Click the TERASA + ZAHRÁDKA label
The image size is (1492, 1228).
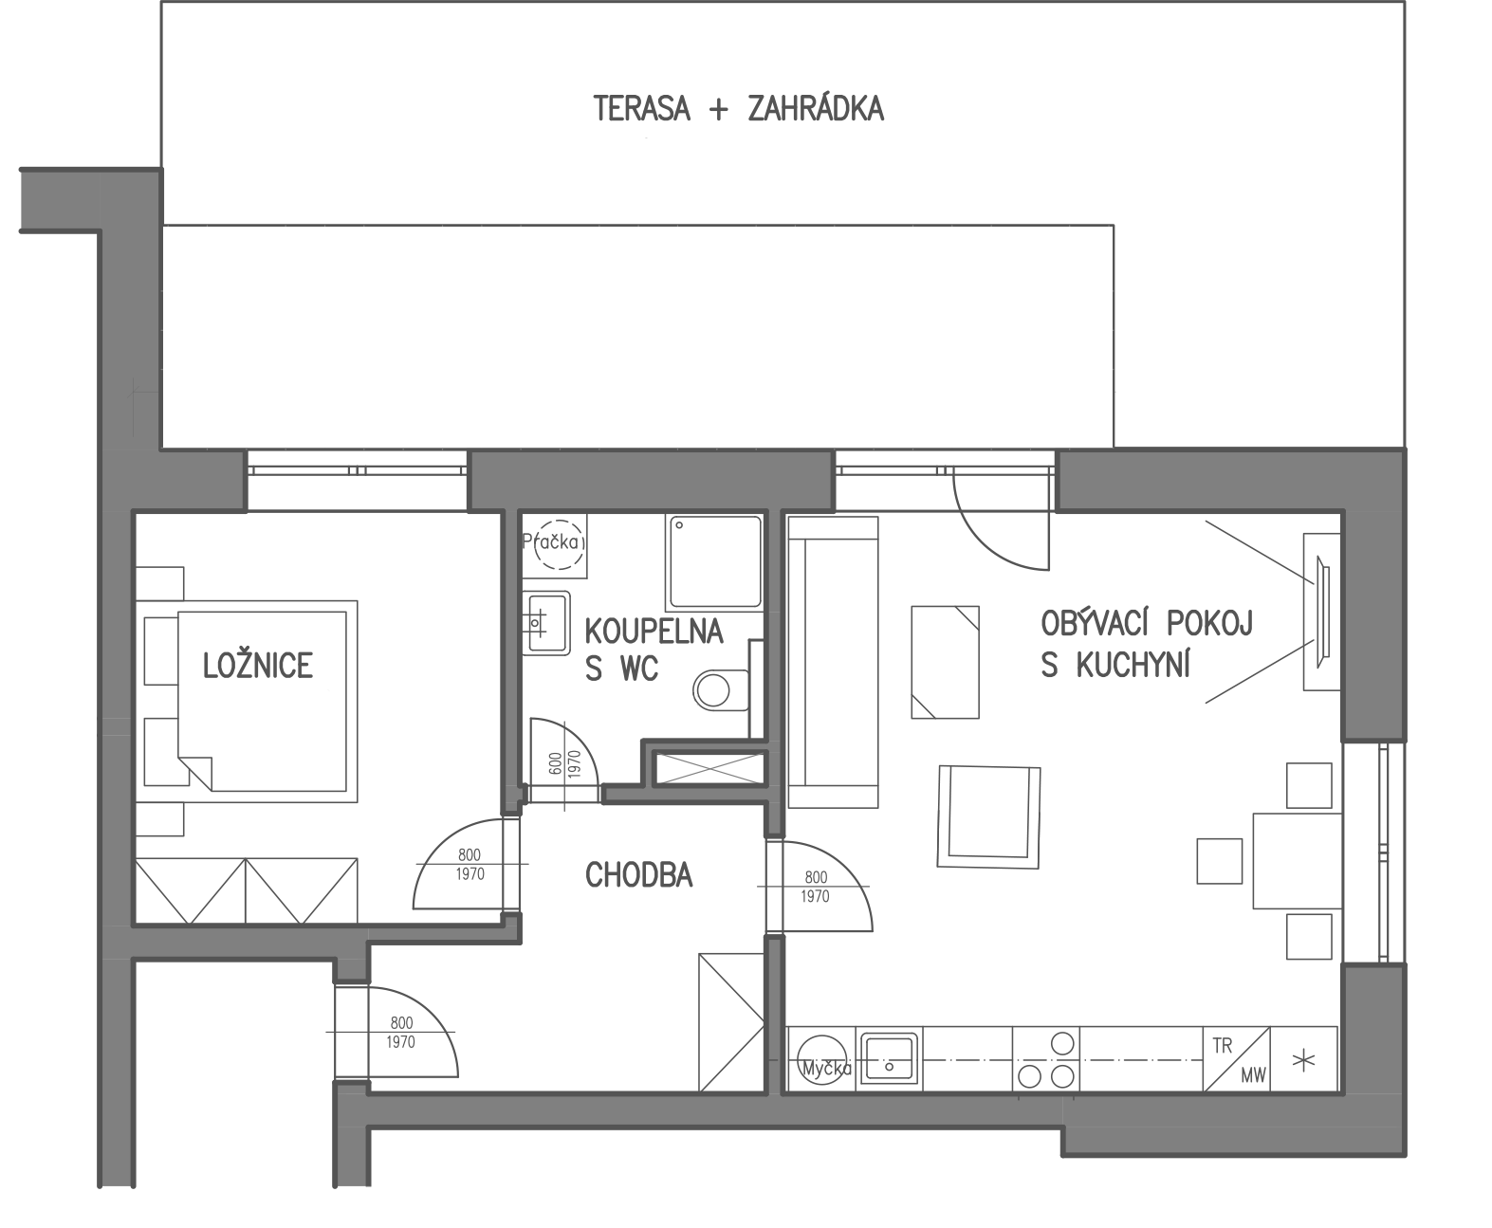(x=738, y=110)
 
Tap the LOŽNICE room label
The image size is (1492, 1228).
(x=257, y=666)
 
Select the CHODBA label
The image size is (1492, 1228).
(x=639, y=876)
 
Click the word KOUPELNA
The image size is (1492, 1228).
(x=654, y=632)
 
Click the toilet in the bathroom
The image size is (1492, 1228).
(x=720, y=689)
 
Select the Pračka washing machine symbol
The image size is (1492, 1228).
(x=555, y=543)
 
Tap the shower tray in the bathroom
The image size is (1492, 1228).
(x=714, y=561)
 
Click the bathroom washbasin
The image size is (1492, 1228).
(x=546, y=622)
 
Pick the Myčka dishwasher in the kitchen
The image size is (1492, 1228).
(x=822, y=1059)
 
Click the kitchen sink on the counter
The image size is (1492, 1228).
(x=889, y=1058)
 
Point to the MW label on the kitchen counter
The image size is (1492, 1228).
(x=1253, y=1075)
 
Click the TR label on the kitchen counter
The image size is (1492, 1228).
(x=1223, y=1046)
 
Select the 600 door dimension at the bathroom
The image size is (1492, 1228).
(x=555, y=763)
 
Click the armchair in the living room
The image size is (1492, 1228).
(x=989, y=816)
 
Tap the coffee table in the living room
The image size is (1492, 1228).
(x=945, y=662)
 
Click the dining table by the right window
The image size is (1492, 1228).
(x=1298, y=860)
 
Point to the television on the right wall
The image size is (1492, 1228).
(x=1321, y=612)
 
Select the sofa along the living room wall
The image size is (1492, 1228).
(x=833, y=661)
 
